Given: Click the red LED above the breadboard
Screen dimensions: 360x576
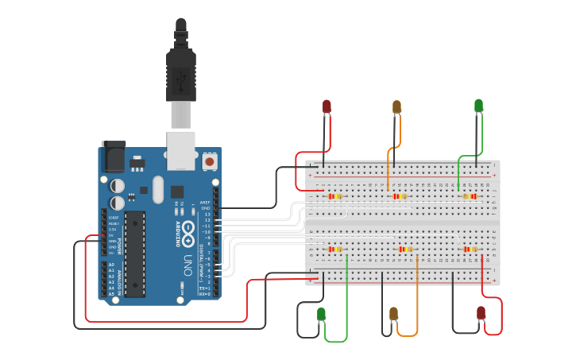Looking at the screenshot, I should pos(327,106).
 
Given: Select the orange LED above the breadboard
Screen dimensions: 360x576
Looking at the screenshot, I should pos(396,106).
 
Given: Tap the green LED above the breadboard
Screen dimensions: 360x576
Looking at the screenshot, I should pos(478,105).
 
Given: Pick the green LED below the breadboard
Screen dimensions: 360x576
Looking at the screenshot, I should pos(321,315).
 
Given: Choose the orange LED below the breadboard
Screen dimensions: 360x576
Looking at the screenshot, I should pos(393,314).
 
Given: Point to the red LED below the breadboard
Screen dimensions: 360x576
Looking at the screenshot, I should pos(481,313).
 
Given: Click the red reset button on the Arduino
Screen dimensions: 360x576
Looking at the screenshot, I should pos(210,161).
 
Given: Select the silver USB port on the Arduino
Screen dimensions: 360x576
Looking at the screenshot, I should pos(180,150).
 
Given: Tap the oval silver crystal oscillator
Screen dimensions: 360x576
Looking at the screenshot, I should pos(157,189).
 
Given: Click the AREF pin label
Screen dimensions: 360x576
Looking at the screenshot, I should pos(205,203).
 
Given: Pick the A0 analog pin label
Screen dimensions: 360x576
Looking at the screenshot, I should pos(111,265).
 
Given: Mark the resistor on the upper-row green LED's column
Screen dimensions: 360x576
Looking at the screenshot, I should pos(471,196).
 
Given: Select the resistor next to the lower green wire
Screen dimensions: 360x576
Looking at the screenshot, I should pos(335,249).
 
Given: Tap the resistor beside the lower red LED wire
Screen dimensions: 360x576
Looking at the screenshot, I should pos(470,249).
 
